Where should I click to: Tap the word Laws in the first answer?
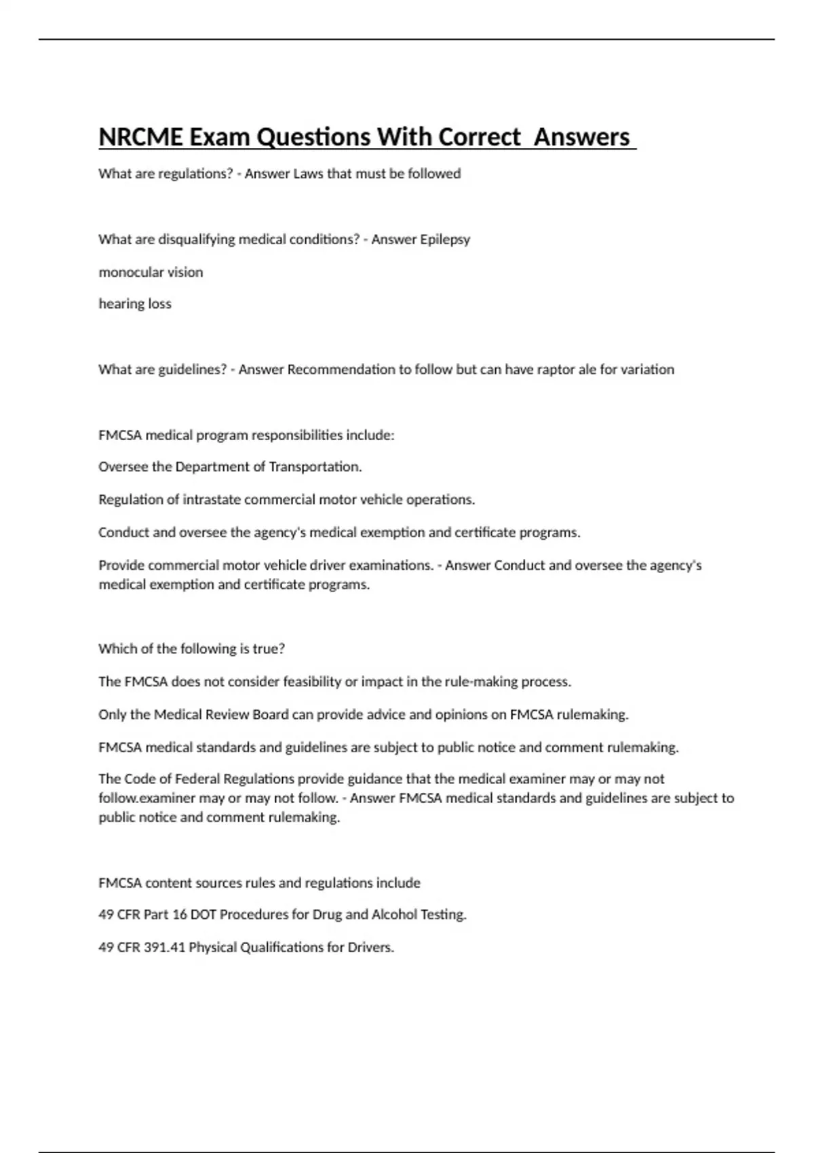[x=308, y=174]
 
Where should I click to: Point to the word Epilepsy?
[x=445, y=239]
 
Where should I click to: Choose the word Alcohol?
[x=394, y=914]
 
